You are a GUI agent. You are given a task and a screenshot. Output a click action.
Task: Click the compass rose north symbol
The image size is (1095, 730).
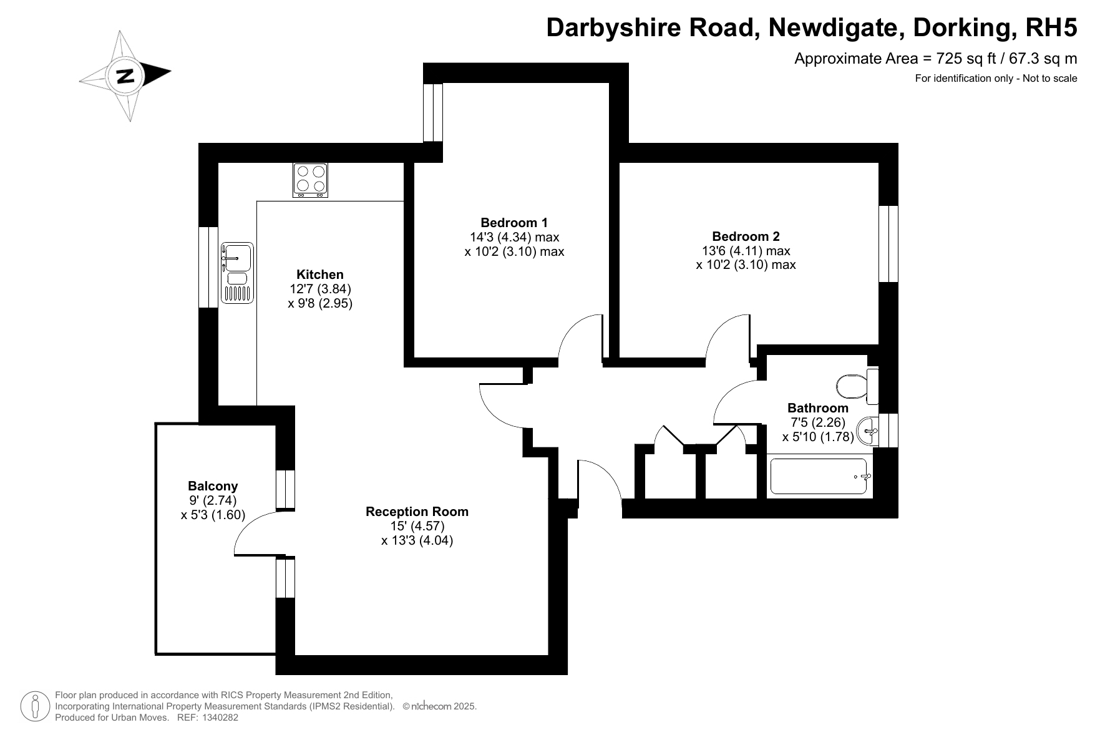(x=125, y=75)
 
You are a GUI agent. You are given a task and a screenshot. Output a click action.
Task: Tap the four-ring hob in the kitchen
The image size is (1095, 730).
(x=310, y=180)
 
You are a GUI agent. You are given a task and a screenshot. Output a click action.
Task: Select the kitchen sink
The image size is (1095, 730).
(x=237, y=273)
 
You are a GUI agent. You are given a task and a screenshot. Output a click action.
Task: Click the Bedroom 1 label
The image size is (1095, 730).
(x=514, y=223)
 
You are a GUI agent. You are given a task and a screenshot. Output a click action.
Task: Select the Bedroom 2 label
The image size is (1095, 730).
(x=746, y=236)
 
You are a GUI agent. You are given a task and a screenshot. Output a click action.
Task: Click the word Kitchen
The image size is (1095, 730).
(x=320, y=275)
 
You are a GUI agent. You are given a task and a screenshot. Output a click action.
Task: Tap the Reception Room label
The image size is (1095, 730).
(x=417, y=512)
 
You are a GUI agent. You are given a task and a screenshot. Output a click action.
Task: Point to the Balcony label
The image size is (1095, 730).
(x=213, y=486)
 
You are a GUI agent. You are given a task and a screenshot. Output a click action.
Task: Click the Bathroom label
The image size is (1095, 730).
(x=818, y=408)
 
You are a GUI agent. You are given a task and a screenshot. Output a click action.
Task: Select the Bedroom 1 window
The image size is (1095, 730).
(x=432, y=113)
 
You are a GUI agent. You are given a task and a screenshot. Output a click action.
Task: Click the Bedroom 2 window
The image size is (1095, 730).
(x=888, y=244)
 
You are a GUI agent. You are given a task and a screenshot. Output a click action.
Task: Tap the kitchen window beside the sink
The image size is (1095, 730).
(x=208, y=267)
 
